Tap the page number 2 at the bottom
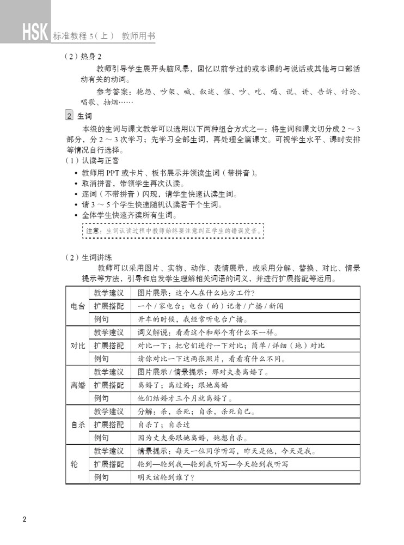click(24, 517)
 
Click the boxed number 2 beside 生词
click(69, 116)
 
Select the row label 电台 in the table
click(77, 306)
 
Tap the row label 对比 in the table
click(77, 346)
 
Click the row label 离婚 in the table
click(77, 385)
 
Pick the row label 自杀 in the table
click(77, 425)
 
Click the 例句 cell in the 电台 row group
click(101, 319)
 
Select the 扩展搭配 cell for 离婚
click(109, 385)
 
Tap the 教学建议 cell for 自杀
click(109, 411)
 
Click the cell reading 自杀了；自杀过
click(163, 425)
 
